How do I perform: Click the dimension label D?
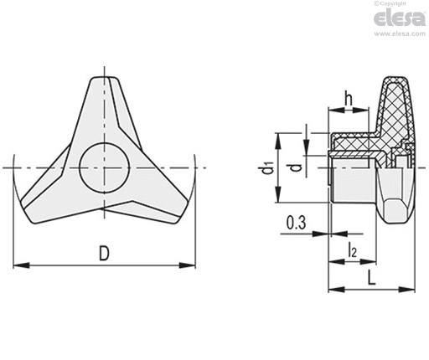104,253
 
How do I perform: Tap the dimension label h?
349,98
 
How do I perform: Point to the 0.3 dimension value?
296,223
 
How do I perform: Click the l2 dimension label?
352,249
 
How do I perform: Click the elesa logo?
400,18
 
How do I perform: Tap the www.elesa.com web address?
400,33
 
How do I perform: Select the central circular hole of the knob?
105,167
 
